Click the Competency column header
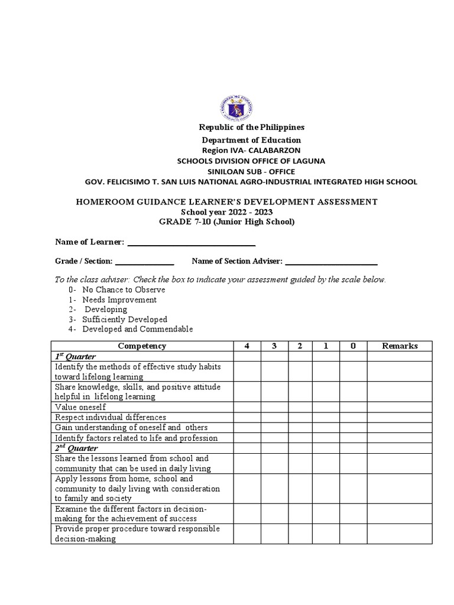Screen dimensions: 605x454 [x=142, y=346]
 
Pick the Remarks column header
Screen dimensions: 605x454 [x=400, y=346]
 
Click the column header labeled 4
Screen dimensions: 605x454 [x=247, y=346]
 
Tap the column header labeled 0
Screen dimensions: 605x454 [x=353, y=346]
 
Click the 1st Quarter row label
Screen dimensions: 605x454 [x=76, y=357]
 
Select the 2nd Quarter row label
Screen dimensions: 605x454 [x=76, y=448]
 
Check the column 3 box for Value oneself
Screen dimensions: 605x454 [x=274, y=407]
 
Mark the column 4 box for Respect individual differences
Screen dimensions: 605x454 [x=247, y=417]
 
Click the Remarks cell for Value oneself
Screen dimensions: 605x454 [x=400, y=407]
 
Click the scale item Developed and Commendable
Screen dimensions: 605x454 [x=138, y=329]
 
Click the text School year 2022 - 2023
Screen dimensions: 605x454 [x=227, y=212]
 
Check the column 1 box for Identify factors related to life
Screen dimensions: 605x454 [x=326, y=438]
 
